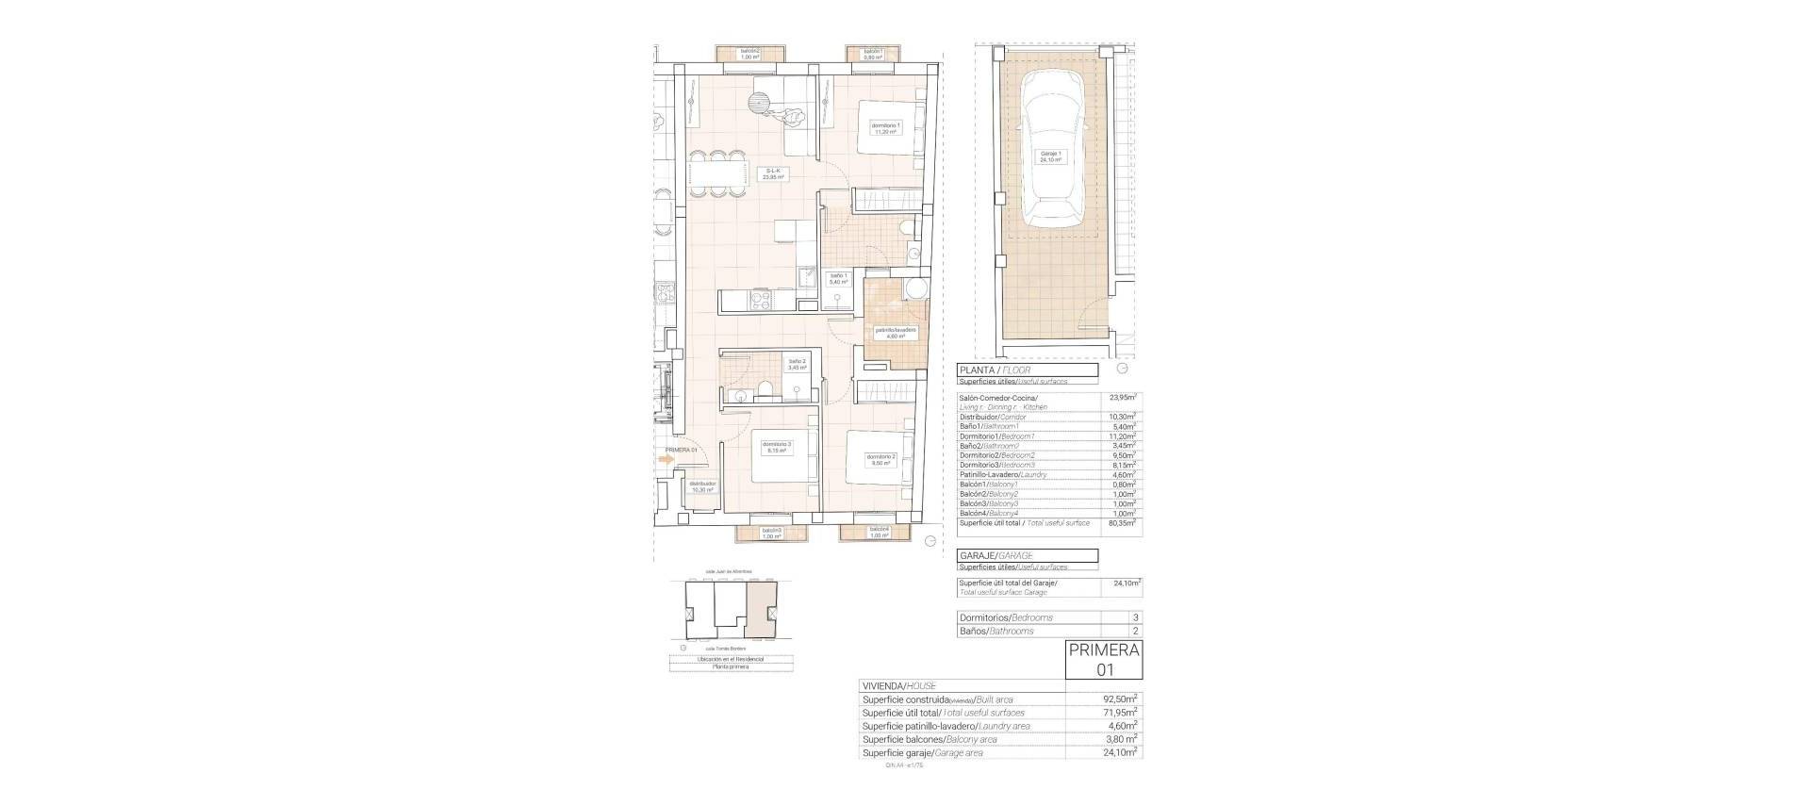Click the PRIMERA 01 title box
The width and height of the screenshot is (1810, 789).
point(1104,659)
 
